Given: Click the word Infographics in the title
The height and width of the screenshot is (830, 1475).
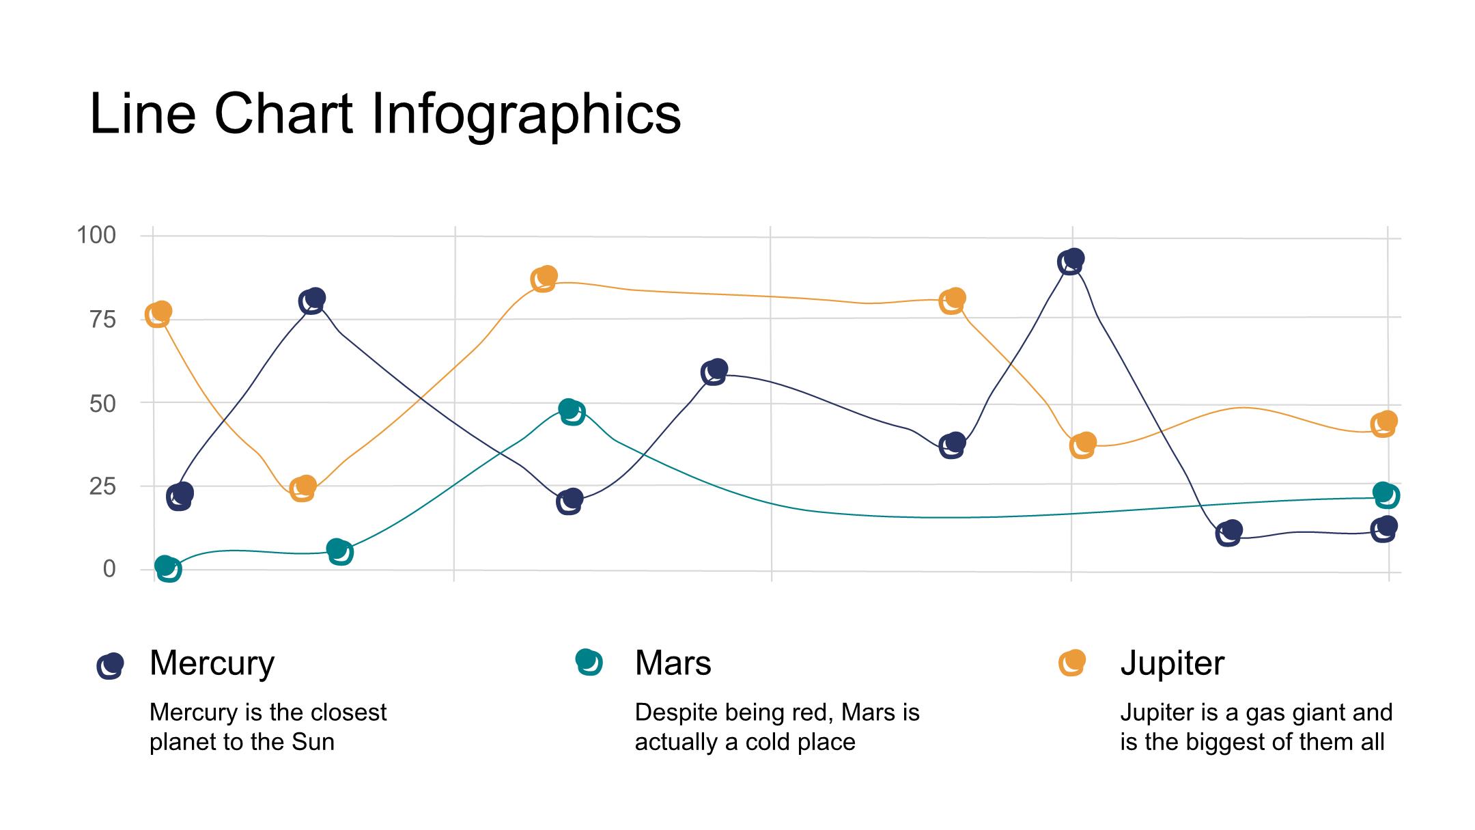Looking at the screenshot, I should tap(526, 115).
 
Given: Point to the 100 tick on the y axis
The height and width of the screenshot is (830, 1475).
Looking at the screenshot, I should tap(96, 236).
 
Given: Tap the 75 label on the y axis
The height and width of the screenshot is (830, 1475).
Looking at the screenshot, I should tap(103, 319).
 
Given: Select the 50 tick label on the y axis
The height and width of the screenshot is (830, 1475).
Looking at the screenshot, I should tap(103, 403).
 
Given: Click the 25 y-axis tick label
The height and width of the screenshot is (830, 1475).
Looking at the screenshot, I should tap(103, 486).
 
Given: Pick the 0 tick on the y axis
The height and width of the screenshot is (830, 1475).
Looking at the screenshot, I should tap(109, 568).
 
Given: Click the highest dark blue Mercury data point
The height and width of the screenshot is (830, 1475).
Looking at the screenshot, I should tap(1071, 262).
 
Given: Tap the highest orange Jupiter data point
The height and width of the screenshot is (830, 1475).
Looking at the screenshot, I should tap(544, 279).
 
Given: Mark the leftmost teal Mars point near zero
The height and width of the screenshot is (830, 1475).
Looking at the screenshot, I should tap(167, 568).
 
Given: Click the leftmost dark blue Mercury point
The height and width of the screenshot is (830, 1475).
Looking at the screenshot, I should tap(180, 496).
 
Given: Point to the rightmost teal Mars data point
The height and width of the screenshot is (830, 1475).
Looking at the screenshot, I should tap(1386, 495).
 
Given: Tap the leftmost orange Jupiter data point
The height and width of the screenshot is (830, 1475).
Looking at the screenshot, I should tap(158, 314).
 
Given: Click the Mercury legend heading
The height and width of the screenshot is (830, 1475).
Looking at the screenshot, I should tap(212, 663).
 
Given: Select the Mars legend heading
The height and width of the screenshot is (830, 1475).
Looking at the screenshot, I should tap(673, 663).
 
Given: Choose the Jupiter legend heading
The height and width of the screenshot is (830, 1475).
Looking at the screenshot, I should tap(1172, 663).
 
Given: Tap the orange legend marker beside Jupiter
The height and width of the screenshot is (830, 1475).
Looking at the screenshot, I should tap(1071, 663).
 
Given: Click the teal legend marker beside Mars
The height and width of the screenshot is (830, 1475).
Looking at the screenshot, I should tap(589, 662).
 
